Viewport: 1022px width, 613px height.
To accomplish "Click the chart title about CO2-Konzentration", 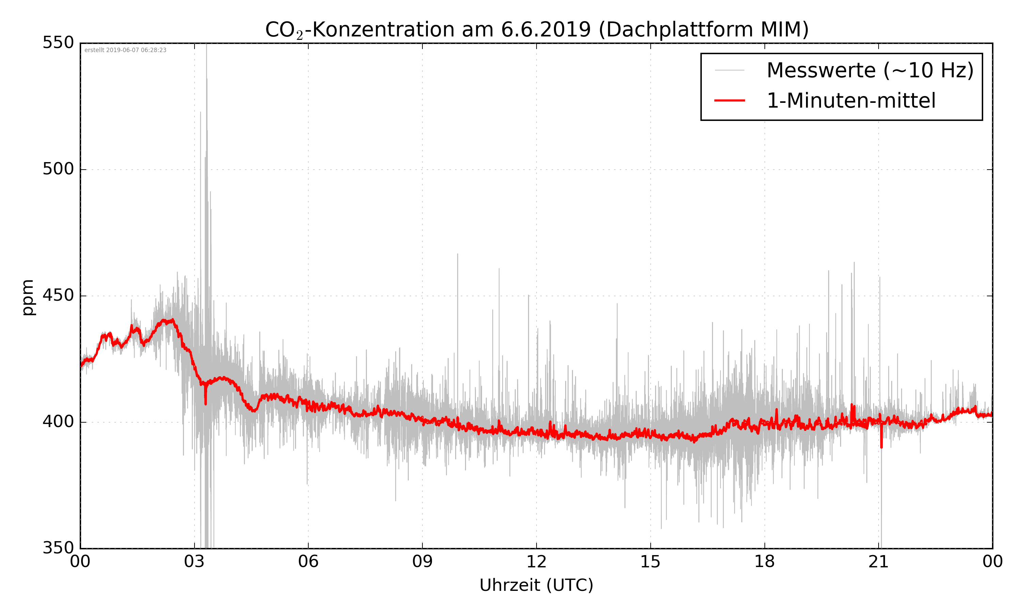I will [x=537, y=30].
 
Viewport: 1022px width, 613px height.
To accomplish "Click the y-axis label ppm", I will [x=28, y=297].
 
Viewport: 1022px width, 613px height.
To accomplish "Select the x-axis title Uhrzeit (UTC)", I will [x=536, y=585].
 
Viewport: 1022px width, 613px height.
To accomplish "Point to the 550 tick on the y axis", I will [x=58, y=43].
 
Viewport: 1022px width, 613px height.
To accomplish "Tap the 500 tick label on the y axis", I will [x=58, y=169].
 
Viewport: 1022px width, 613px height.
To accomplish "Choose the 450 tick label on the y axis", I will [x=58, y=295].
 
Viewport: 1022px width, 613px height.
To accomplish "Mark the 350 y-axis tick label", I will [x=58, y=548].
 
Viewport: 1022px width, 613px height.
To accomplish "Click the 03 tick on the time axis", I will [x=194, y=562].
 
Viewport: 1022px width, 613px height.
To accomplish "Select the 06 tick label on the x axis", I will [x=308, y=562].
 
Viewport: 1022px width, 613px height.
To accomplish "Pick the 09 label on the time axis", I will [x=422, y=562].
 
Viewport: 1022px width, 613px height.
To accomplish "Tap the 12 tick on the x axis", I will [x=536, y=562].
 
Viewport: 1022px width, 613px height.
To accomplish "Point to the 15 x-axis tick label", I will [x=650, y=562].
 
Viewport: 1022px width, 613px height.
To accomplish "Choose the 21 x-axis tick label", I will [x=878, y=562].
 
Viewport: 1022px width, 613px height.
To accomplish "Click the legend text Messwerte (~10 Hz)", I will [x=870, y=70].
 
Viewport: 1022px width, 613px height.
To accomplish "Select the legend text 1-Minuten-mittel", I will [x=851, y=101].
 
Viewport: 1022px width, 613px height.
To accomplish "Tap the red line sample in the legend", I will [x=729, y=100].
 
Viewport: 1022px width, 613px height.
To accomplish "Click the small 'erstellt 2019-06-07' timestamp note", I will [x=125, y=50].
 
